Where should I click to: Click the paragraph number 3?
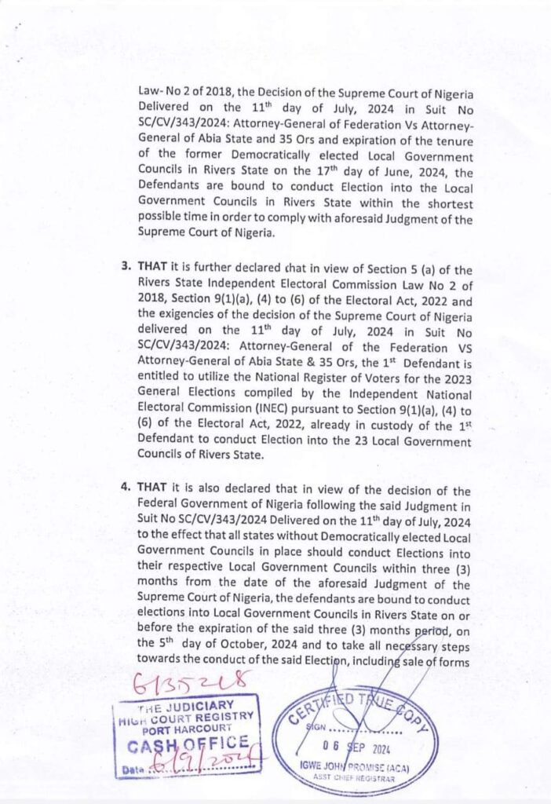[x=125, y=265]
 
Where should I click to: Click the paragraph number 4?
[x=125, y=487]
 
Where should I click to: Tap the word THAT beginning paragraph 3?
[x=151, y=265]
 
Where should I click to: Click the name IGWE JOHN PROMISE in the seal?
[x=356, y=767]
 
